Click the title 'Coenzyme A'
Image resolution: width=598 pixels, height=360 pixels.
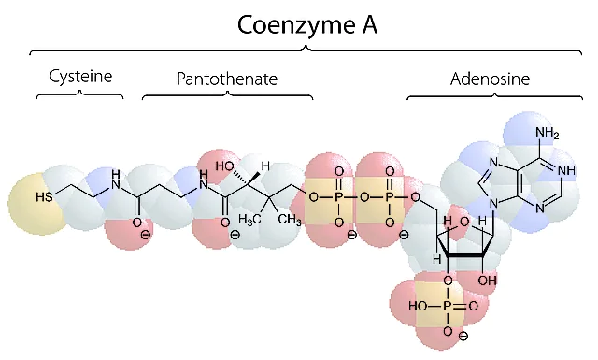point(307,25)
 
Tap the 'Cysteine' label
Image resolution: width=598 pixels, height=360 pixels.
point(80,77)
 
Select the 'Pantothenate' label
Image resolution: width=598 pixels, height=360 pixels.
point(227,79)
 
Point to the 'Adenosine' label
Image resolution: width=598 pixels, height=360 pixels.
point(490,79)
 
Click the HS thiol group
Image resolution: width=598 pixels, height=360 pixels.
point(44,197)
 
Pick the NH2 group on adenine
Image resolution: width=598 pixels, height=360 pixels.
point(548,133)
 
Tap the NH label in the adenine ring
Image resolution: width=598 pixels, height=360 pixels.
point(566,170)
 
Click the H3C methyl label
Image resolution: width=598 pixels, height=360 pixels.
point(249,220)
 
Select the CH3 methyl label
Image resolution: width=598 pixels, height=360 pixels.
point(290,220)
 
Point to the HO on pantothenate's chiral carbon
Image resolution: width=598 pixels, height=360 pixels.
point(224,166)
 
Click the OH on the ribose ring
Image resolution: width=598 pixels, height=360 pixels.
point(488,281)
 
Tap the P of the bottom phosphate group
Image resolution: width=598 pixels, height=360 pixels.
point(448,306)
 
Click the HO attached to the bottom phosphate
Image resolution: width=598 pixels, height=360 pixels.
point(418,306)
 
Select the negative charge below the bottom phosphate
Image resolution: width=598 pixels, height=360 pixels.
point(463,337)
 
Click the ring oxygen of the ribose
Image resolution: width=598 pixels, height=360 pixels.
point(464,222)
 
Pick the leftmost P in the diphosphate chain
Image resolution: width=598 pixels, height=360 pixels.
point(339,197)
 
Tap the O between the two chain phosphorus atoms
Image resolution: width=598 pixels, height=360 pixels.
point(364,197)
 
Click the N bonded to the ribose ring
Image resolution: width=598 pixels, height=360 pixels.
point(493,204)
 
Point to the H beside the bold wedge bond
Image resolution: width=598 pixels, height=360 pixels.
point(265,166)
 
